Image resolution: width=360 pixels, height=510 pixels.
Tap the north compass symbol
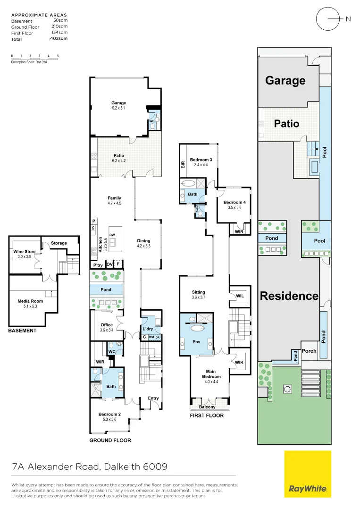pos(327,19)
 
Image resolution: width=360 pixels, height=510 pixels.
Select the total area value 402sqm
pos(60,39)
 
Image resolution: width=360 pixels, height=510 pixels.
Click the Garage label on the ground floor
pos(118,103)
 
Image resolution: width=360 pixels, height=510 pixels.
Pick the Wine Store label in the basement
pos(24,252)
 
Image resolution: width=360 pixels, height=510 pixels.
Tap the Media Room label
pos(30,301)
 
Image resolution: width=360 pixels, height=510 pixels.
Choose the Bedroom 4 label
pos(234,202)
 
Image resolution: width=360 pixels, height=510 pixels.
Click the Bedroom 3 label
pos(201,160)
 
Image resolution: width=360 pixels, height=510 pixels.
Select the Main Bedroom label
pos(211,374)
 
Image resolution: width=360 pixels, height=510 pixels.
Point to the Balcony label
pos(207,407)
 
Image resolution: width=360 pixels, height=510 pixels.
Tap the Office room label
pos(106,324)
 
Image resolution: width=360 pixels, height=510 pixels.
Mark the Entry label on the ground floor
pos(153,398)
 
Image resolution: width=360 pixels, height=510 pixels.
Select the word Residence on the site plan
pos(289,296)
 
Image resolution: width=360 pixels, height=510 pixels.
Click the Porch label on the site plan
pos(309,351)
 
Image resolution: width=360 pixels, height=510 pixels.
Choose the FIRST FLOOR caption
pos(207,416)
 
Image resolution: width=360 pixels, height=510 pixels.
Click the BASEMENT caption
pos(22,331)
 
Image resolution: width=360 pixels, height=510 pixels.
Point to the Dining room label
pos(143,240)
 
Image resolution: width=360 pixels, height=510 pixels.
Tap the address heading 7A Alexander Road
pos(90,467)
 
